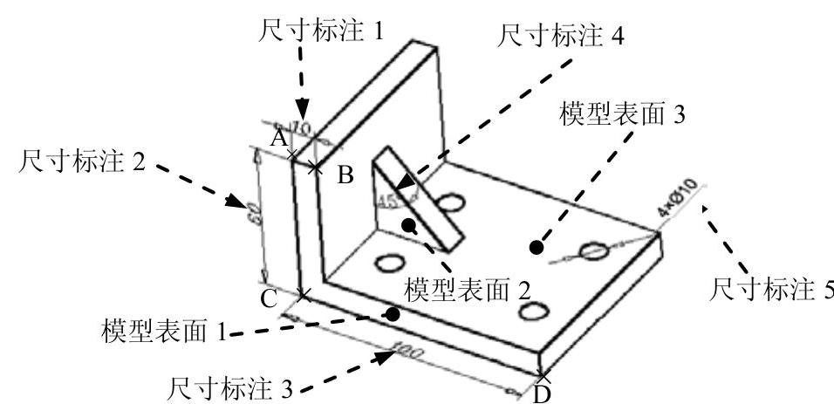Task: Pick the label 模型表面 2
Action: [468, 287]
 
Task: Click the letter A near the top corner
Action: [278, 139]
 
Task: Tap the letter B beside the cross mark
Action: [345, 176]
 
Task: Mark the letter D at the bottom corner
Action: [542, 394]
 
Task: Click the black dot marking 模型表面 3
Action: [537, 248]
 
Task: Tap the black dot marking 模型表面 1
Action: [393, 312]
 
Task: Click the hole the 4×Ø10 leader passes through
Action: [595, 251]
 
